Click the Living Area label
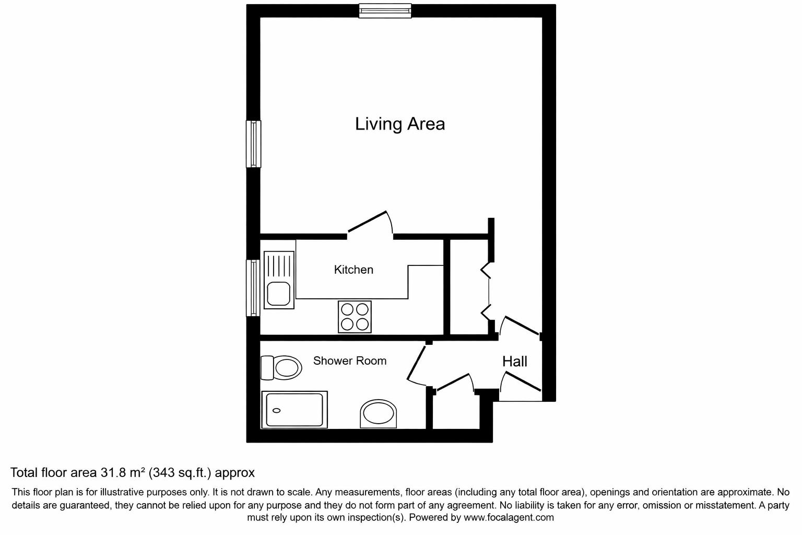(400, 124)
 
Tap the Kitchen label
(353, 270)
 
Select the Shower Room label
(349, 360)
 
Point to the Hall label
(514, 361)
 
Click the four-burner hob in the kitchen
(355, 317)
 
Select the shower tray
(295, 410)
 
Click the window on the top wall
(385, 10)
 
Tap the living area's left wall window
(253, 144)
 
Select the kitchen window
(253, 288)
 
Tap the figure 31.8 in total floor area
(113, 473)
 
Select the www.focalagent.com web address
(508, 517)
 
